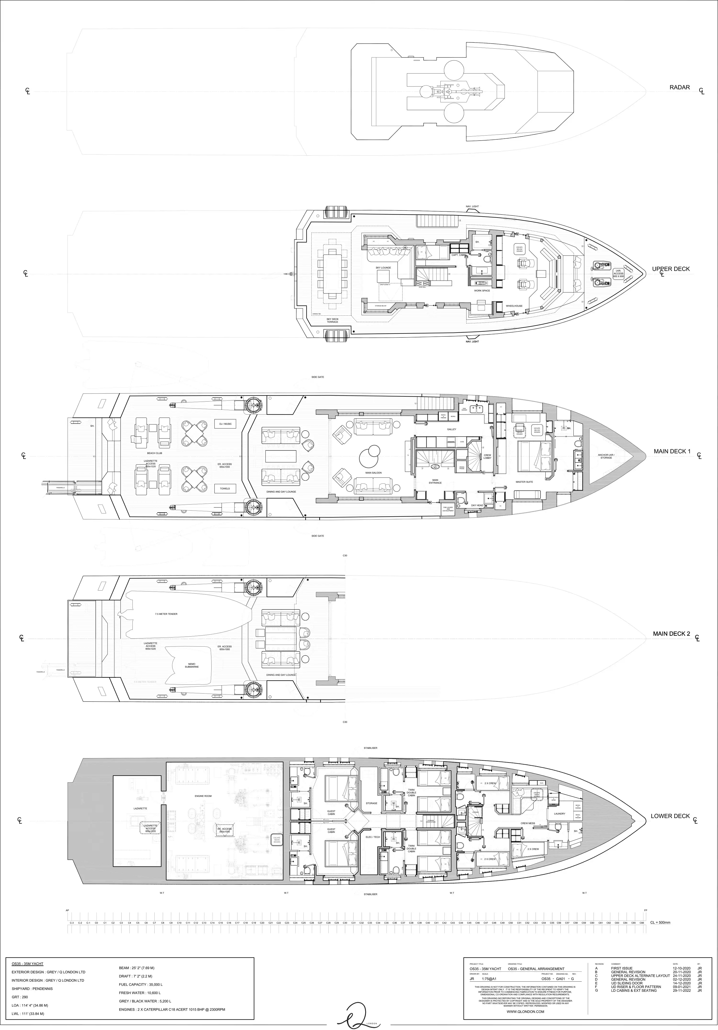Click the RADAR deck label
tap(679, 87)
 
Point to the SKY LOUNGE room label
tap(383, 268)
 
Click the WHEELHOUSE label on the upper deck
tap(514, 306)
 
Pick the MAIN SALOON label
tap(373, 473)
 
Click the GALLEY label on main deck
tap(451, 429)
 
